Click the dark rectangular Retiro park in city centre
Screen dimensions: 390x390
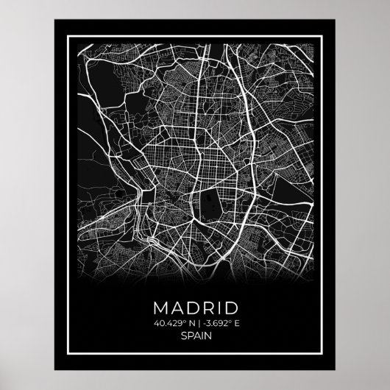coord(213,199)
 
